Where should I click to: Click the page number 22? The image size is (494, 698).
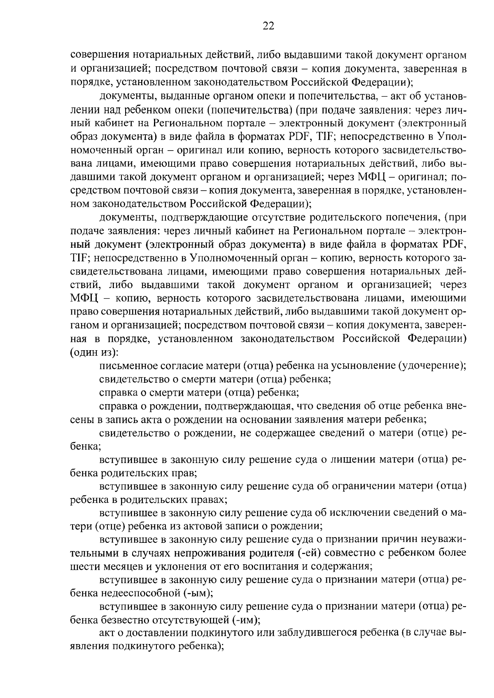click(268, 26)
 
